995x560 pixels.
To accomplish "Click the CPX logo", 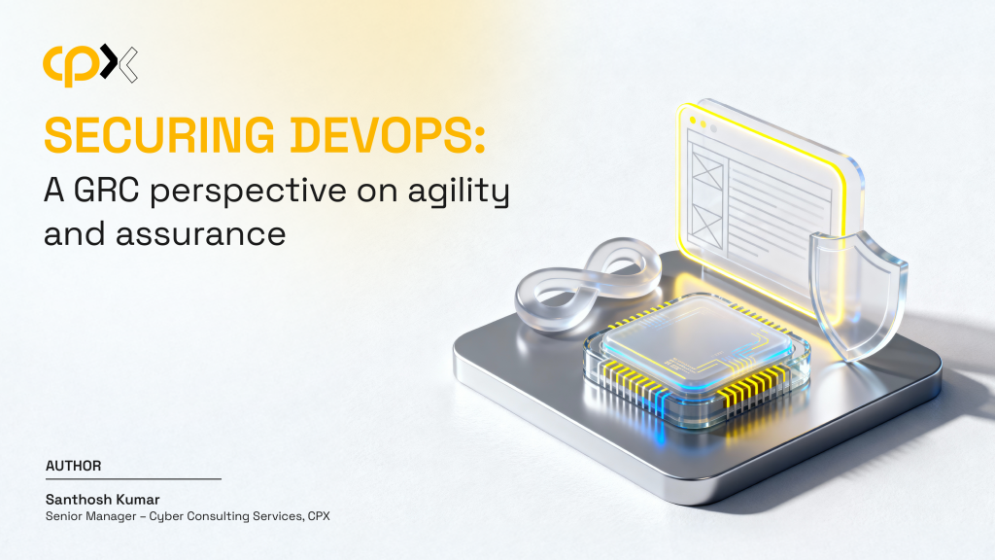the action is tap(90, 65).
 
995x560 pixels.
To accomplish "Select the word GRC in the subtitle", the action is tap(106, 190).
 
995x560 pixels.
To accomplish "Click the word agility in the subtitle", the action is tap(459, 192).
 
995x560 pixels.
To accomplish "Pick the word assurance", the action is tap(200, 235).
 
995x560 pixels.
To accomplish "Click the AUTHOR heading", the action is tap(74, 466).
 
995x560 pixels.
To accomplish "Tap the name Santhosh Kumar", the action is tap(103, 500).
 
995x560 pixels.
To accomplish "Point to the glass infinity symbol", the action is tap(588, 284).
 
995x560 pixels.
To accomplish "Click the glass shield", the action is tap(858, 296).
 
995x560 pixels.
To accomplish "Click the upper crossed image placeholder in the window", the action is tap(707, 166).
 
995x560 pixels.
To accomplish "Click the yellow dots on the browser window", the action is tap(698, 122).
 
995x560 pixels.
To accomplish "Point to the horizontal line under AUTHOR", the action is tap(133, 478).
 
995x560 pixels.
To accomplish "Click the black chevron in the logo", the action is tap(110, 62).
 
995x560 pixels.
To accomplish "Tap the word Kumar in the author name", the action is tap(138, 500).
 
